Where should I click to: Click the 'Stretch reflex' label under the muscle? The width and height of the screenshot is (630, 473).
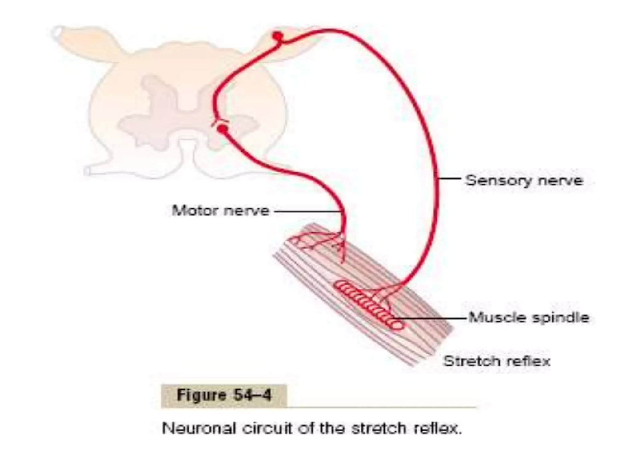496,361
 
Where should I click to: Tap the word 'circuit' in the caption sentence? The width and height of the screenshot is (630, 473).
267,428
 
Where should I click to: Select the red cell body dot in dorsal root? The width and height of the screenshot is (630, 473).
277,36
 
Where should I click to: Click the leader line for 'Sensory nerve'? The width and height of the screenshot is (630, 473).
449,178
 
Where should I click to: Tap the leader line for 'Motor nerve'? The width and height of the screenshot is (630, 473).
308,211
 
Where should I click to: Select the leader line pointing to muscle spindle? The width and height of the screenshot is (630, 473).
431,318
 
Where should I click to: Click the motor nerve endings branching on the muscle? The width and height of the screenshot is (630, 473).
317,242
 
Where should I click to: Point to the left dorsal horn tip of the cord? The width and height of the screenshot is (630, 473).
57,32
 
